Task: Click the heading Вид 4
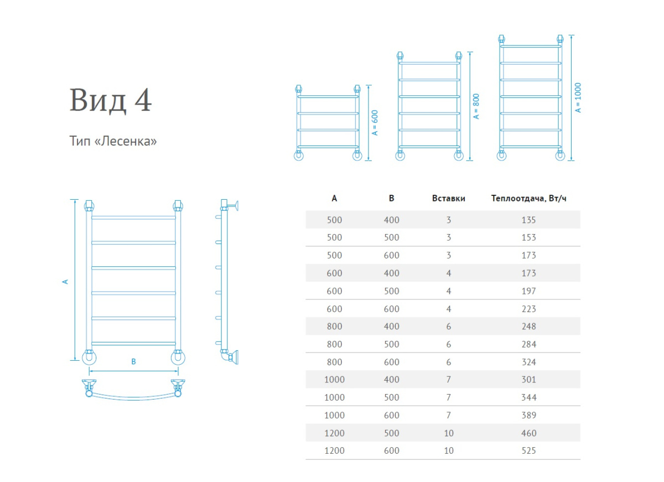(x=111, y=100)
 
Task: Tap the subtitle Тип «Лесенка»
(x=113, y=141)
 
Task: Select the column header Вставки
(x=448, y=199)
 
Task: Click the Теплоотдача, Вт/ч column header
(x=528, y=199)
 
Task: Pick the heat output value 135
(x=528, y=220)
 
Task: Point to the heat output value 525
(x=528, y=450)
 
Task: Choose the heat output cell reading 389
(x=528, y=415)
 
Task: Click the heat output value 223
(x=528, y=309)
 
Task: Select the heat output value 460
(x=528, y=433)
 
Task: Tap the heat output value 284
(x=528, y=344)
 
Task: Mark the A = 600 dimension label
(x=375, y=123)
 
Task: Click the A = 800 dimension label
(x=476, y=107)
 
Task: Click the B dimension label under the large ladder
(x=133, y=361)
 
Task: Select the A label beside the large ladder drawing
(x=65, y=281)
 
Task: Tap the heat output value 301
(x=528, y=380)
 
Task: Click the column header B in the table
(x=391, y=199)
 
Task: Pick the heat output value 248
(x=528, y=326)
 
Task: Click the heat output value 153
(x=528, y=237)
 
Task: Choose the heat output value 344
(x=528, y=397)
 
